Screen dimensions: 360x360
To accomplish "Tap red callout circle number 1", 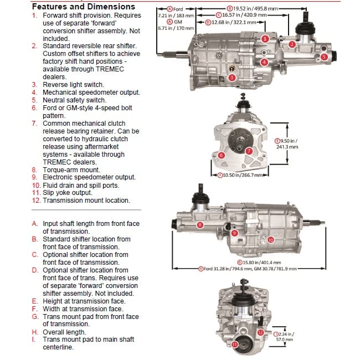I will (265, 39).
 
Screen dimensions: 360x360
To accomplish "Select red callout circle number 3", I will (232, 78).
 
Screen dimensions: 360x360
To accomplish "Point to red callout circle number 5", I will (324, 56).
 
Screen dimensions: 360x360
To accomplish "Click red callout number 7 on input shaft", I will (249, 151).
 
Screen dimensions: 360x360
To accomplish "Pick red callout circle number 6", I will (221, 156).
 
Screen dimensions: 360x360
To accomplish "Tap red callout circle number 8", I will (199, 225).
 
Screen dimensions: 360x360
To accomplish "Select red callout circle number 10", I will (271, 240).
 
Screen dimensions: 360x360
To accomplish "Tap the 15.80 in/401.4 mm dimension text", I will (259, 262).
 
